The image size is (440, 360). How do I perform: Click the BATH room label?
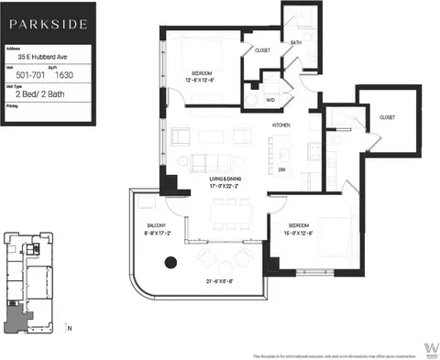click(296, 42)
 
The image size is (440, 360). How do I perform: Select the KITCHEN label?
click(280, 124)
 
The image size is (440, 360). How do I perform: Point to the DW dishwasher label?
click(281, 169)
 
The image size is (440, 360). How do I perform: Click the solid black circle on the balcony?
click(170, 264)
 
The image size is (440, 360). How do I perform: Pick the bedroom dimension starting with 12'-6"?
click(203, 78)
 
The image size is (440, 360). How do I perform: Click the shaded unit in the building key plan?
click(15, 316)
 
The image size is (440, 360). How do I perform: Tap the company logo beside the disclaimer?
click(429, 350)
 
